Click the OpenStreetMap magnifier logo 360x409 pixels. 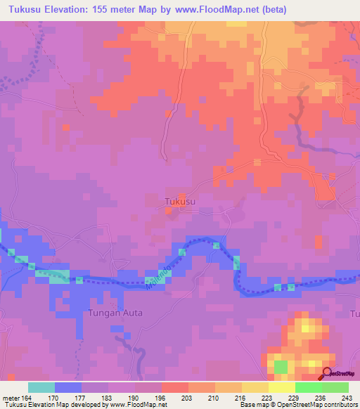[327, 373]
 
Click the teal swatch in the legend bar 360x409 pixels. [41, 387]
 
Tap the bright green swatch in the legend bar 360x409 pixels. [308, 387]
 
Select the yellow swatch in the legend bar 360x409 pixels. [281, 387]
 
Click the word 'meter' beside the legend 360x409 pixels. [9, 397]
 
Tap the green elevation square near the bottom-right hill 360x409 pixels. [281, 366]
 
